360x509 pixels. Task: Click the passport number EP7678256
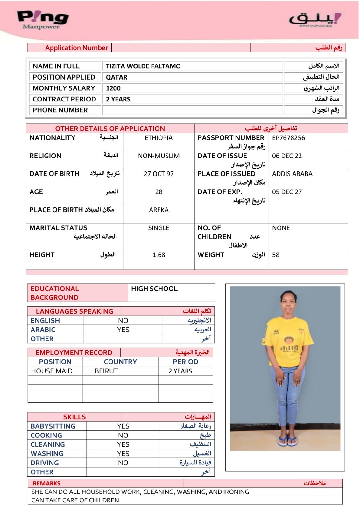(x=288, y=138)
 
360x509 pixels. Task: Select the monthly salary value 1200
(x=113, y=88)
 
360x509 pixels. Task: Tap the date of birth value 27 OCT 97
(x=159, y=174)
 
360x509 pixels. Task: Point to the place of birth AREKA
(x=159, y=210)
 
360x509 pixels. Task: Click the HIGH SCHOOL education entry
(x=154, y=289)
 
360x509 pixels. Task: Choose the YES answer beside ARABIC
(x=123, y=330)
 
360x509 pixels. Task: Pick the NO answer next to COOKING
(x=123, y=436)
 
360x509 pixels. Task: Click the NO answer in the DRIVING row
(x=123, y=463)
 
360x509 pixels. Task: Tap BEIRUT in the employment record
(x=106, y=371)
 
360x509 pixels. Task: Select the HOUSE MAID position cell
(x=52, y=371)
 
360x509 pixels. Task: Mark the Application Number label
(x=76, y=48)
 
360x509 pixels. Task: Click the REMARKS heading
(x=46, y=484)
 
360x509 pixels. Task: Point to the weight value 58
(x=276, y=255)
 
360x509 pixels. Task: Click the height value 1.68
(x=159, y=255)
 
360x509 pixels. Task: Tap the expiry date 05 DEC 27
(x=287, y=192)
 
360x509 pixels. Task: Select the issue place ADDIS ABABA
(x=292, y=174)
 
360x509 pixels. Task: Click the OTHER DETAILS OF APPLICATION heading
(x=110, y=129)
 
